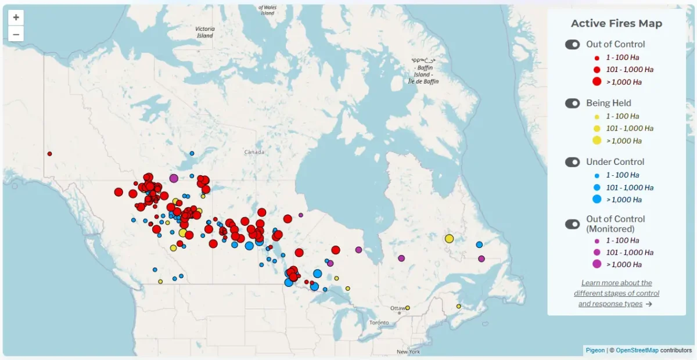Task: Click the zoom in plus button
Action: (16, 17)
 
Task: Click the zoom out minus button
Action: (16, 34)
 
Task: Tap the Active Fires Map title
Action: (616, 23)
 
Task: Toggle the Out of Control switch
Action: (573, 44)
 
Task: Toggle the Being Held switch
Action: (573, 103)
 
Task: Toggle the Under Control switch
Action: (573, 162)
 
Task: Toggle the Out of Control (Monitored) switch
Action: (573, 224)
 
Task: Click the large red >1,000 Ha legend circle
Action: (597, 82)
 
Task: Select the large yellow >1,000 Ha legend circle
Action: (597, 141)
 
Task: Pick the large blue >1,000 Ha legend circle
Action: (597, 199)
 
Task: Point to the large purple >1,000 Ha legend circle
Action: (597, 264)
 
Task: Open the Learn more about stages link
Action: (616, 293)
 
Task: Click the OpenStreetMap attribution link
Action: (637, 350)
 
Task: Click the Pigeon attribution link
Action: (595, 350)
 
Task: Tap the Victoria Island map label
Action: (204, 32)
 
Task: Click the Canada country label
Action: (254, 152)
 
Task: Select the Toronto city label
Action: (379, 322)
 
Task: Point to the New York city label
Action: (408, 352)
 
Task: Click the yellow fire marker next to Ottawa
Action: (407, 308)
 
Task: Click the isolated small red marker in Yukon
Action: (50, 154)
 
